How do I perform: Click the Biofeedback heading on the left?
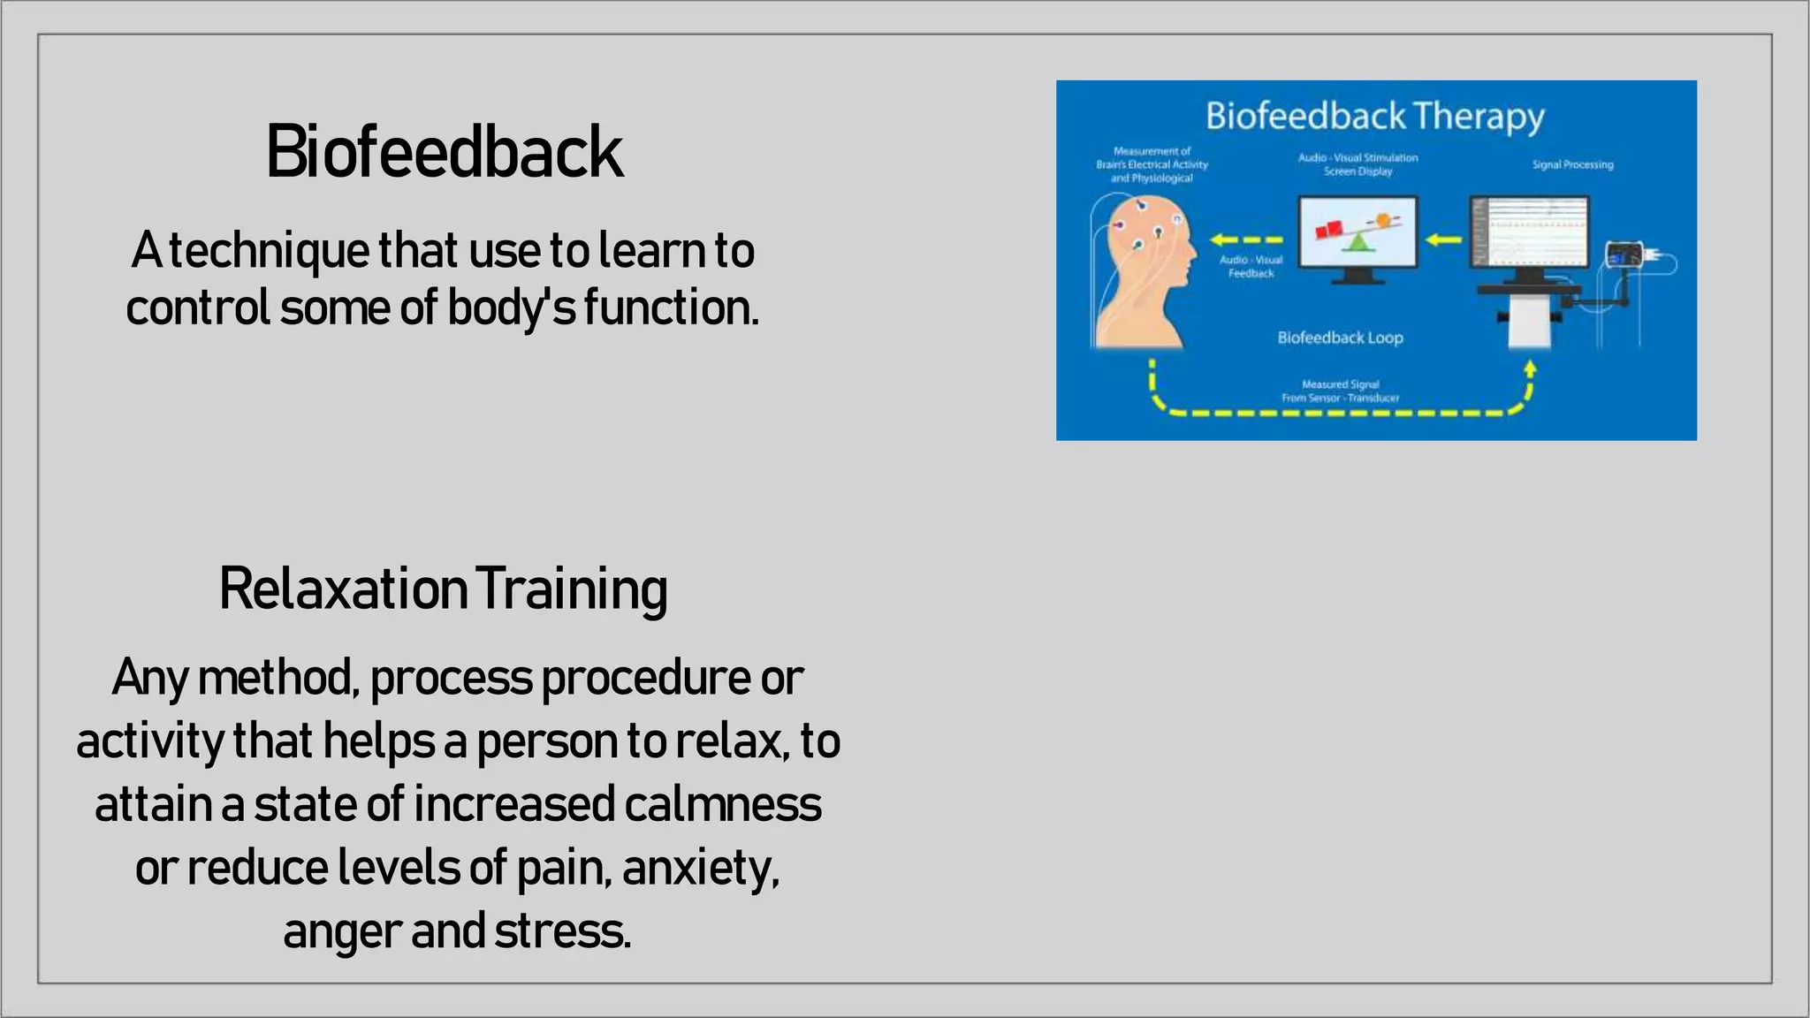445,152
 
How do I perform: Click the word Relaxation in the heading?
342,589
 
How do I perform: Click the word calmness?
722,805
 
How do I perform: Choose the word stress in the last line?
562,931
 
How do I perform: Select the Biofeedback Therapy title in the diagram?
1374,117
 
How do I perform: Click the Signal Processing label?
1572,165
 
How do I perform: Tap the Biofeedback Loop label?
1340,338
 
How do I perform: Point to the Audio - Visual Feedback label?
1251,266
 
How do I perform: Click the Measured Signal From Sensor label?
1340,391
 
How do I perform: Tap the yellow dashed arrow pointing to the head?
1246,239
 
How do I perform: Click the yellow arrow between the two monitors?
1443,239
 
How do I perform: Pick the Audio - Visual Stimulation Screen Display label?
1357,164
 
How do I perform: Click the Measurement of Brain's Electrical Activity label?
1152,164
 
